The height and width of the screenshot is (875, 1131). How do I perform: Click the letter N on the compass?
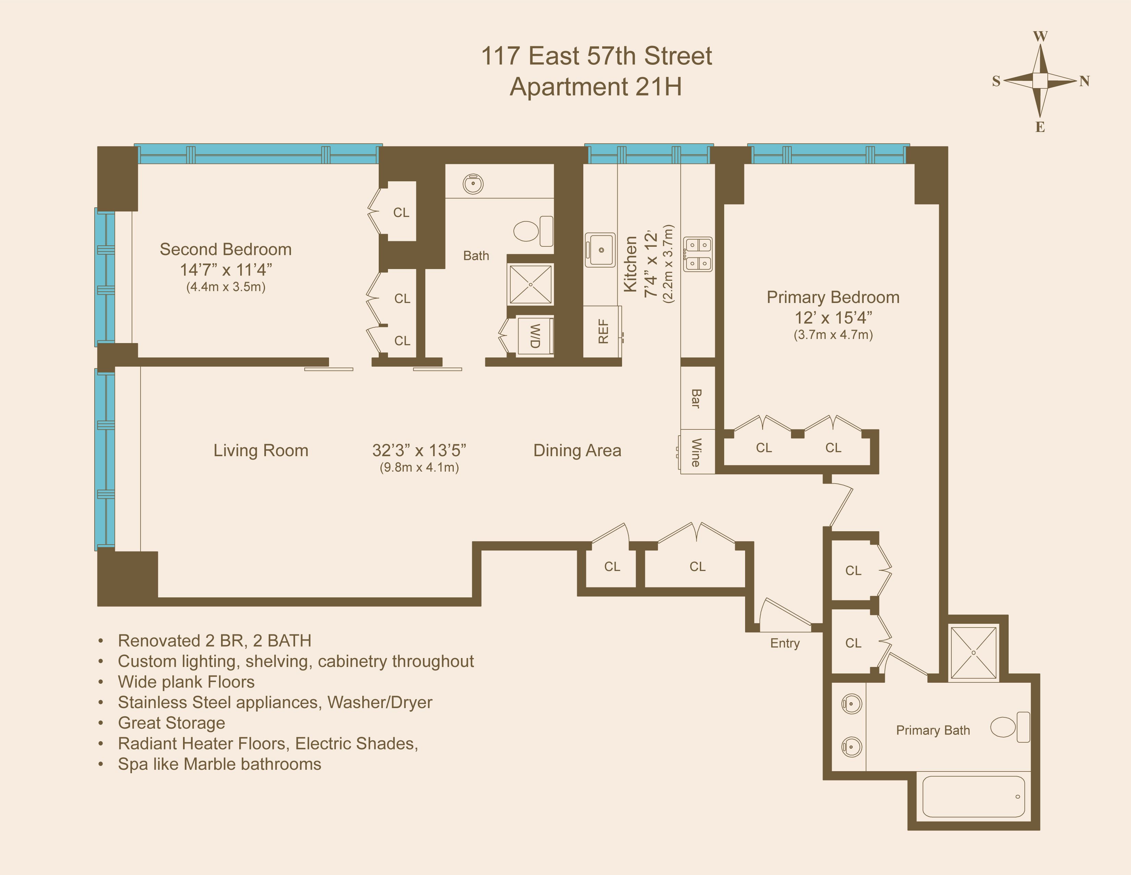pos(1084,81)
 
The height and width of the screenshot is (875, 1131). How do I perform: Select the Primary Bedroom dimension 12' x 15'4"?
pos(833,317)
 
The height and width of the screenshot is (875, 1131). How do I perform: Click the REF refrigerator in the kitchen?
pos(602,331)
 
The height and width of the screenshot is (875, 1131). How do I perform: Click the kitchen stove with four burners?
pos(697,254)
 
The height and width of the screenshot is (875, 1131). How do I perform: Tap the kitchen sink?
pos(600,250)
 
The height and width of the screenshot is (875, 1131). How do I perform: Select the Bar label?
pos(696,398)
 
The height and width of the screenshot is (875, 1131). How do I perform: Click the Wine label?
pos(696,452)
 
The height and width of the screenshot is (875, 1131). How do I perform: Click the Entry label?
pos(785,643)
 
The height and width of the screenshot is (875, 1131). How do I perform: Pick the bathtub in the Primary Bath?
pos(974,796)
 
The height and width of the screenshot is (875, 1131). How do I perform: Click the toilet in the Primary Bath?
pos(1009,727)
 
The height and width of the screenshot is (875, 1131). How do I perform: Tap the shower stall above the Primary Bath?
pos(974,652)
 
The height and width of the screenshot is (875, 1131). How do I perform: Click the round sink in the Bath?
pos(473,184)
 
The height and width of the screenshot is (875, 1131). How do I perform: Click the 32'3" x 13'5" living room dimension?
pos(419,450)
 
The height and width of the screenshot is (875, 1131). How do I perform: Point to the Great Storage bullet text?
pos(171,723)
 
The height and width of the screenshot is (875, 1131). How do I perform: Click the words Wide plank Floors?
pos(186,682)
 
